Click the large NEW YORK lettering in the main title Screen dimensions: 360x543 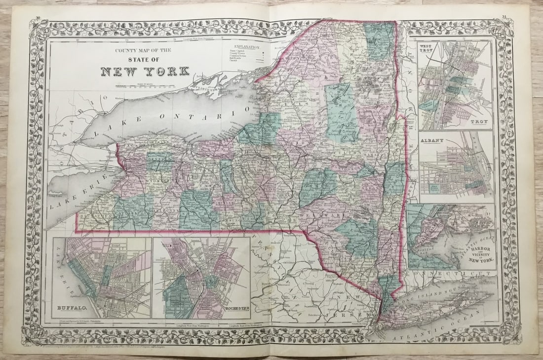[x=145, y=71]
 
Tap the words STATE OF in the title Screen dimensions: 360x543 [x=145, y=58]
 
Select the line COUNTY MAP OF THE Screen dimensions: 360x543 [x=144, y=49]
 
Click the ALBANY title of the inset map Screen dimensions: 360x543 [x=432, y=140]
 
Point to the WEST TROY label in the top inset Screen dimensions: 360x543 [x=427, y=48]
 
